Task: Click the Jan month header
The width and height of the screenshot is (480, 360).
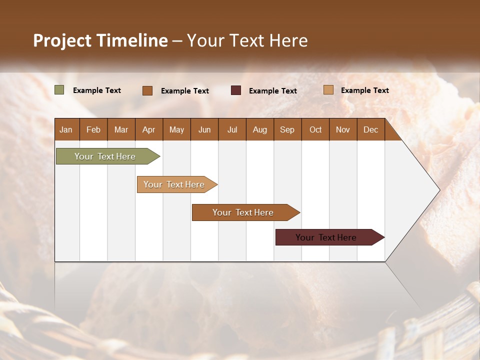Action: (x=66, y=129)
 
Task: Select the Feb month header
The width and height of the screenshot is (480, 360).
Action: (x=93, y=129)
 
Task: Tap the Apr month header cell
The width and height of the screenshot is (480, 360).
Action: (x=149, y=129)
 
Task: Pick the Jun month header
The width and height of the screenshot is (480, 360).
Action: (x=204, y=129)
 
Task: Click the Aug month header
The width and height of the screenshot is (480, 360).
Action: (x=260, y=129)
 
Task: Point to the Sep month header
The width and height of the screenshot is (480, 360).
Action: (x=287, y=129)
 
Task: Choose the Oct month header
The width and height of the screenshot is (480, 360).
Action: (x=315, y=129)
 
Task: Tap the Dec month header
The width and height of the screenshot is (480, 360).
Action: (x=371, y=129)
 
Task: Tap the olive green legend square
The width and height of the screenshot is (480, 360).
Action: (x=59, y=90)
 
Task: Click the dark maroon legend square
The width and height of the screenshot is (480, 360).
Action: (x=236, y=90)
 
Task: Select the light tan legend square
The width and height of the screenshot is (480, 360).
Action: (x=328, y=90)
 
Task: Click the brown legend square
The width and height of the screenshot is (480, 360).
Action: (x=147, y=90)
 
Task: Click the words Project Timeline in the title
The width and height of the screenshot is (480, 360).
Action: (x=100, y=40)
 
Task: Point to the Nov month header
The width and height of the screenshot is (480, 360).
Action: (x=343, y=129)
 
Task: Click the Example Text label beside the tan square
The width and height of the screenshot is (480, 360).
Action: (x=364, y=90)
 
